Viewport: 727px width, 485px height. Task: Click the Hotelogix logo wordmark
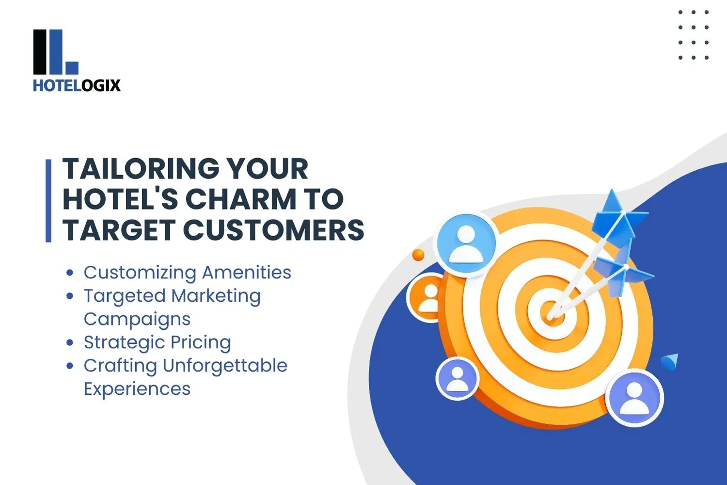point(77,85)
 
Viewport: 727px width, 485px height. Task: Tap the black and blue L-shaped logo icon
point(55,52)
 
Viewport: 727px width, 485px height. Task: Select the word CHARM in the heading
point(240,199)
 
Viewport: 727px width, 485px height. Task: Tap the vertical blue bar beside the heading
point(48,200)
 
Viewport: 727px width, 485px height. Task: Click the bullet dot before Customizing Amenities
point(70,273)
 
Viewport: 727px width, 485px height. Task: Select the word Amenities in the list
point(246,272)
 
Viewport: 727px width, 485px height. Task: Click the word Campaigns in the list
point(137,319)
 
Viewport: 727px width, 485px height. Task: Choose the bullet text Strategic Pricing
point(157,342)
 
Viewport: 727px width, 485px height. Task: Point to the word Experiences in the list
point(137,389)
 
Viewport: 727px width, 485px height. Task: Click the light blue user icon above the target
point(466,244)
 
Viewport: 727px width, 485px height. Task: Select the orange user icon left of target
point(427,297)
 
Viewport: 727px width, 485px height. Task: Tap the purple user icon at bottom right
point(634,398)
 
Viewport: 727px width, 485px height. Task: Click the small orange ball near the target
point(418,255)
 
